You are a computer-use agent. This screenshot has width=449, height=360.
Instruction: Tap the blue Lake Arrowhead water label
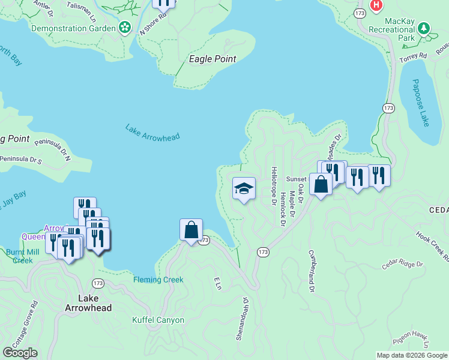point(152,133)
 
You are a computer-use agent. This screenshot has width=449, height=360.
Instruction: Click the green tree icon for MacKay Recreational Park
point(424,28)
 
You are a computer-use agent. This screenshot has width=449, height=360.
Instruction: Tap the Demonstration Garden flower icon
point(125,27)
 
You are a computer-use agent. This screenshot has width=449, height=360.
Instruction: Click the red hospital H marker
point(376,5)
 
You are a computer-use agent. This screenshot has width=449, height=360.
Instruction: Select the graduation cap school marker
point(244,188)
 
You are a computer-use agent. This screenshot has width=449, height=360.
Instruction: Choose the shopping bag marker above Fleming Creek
point(191,230)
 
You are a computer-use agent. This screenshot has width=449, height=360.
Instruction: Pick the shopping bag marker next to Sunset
point(321,184)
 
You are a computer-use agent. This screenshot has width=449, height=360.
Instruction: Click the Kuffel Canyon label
point(158,320)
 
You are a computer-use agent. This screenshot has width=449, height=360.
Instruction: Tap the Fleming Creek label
point(158,280)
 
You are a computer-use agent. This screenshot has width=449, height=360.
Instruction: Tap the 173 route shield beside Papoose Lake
point(388,108)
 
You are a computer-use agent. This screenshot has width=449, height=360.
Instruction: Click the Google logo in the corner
point(20,353)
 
